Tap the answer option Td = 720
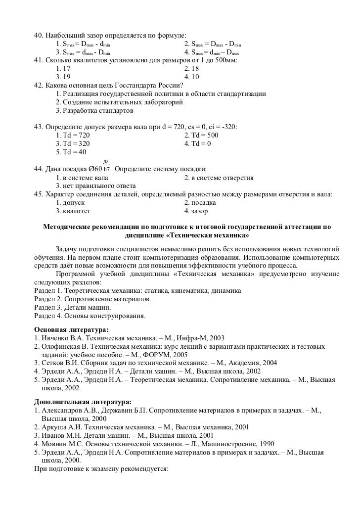coord(73,135)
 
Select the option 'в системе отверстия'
coord(219,177)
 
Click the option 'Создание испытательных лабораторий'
coord(119,101)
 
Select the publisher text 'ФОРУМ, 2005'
coord(168,354)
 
